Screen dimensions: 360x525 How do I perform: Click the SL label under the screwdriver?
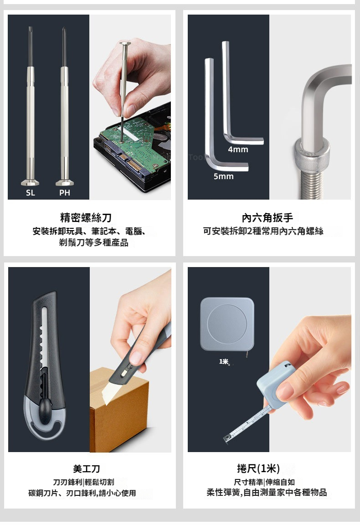pyautogui.click(x=31, y=193)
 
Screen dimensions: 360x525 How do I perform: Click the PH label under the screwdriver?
pyautogui.click(x=65, y=193)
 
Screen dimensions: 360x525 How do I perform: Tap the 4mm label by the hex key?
pyautogui.click(x=238, y=149)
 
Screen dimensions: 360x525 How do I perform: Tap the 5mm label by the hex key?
pyautogui.click(x=224, y=176)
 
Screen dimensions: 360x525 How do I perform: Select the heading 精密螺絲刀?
pyautogui.click(x=86, y=218)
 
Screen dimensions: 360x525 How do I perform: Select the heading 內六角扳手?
pyautogui.click(x=267, y=218)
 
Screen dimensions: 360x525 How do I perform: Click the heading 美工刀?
pyautogui.click(x=87, y=468)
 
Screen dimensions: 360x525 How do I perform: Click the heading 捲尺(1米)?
pyautogui.click(x=258, y=468)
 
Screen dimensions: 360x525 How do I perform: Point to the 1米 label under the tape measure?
pyautogui.click(x=224, y=361)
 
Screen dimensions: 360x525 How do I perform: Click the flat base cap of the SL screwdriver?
pyautogui.click(x=30, y=183)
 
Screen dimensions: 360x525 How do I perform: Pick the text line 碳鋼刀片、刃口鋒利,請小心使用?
pyautogui.click(x=82, y=493)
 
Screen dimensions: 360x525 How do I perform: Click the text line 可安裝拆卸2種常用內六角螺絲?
pyautogui.click(x=263, y=231)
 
